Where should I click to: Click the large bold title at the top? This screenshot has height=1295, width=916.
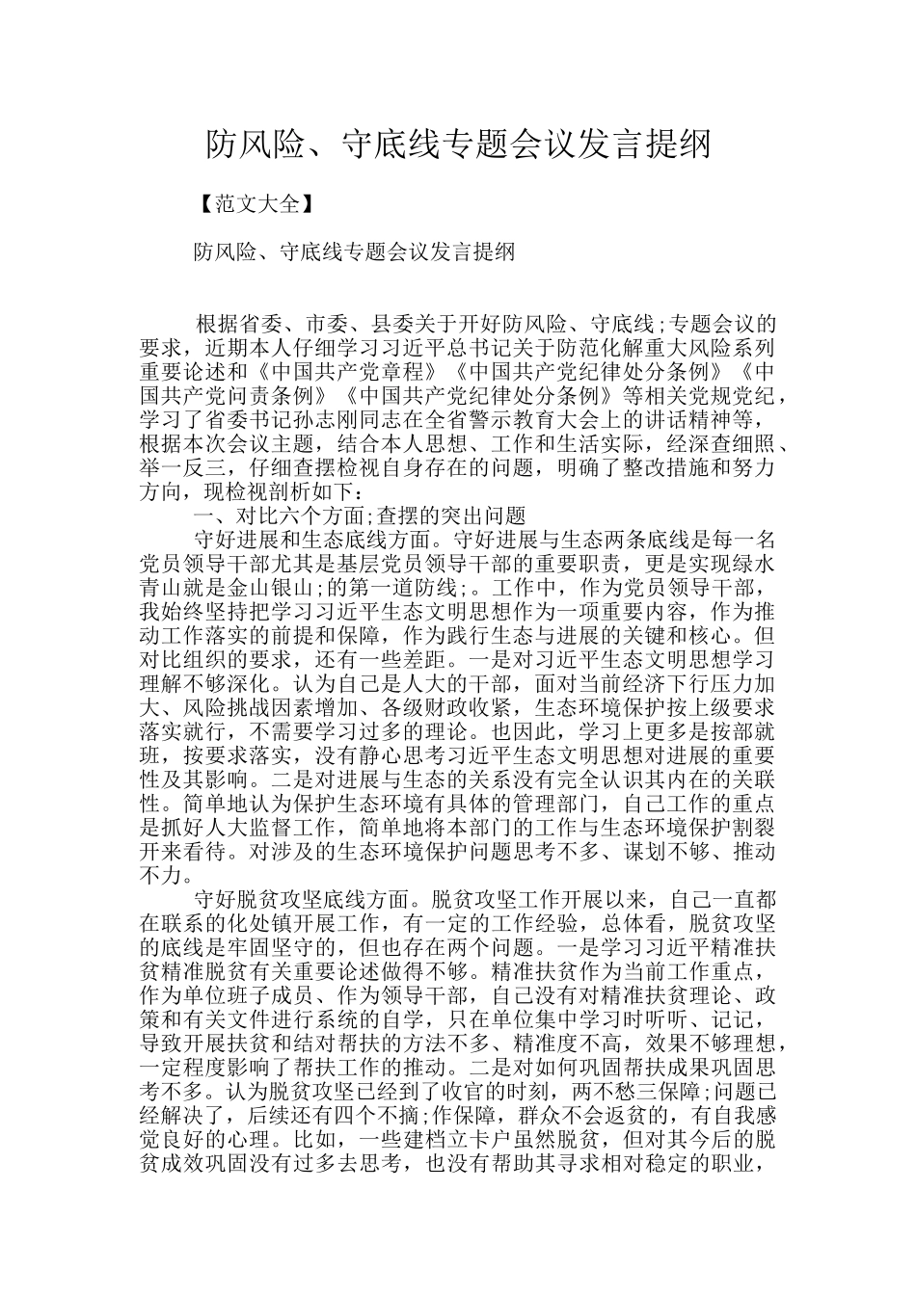[x=458, y=145]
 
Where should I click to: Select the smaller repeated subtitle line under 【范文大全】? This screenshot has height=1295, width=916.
[x=354, y=253]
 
